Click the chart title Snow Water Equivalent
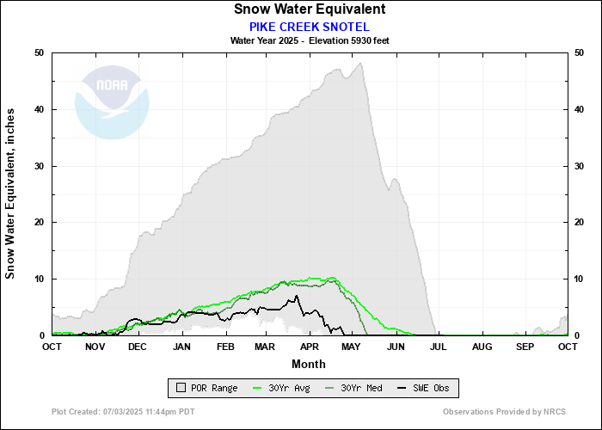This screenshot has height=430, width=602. click(x=309, y=9)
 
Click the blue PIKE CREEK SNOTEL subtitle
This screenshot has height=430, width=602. click(x=309, y=26)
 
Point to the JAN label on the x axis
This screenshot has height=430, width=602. click(x=181, y=347)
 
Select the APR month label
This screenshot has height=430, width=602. click(x=309, y=347)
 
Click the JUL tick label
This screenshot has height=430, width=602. click(x=437, y=347)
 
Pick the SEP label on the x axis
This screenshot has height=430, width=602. click(x=525, y=347)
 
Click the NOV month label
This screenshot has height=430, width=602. click(x=95, y=347)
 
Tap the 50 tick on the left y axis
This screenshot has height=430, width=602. click(x=39, y=53)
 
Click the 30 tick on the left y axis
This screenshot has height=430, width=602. click(x=39, y=166)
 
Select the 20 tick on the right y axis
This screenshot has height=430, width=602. click(x=580, y=223)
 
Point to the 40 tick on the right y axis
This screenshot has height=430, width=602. click(x=580, y=110)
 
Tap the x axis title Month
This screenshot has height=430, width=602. click(x=309, y=364)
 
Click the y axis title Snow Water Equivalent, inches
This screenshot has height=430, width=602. click(x=11, y=193)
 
